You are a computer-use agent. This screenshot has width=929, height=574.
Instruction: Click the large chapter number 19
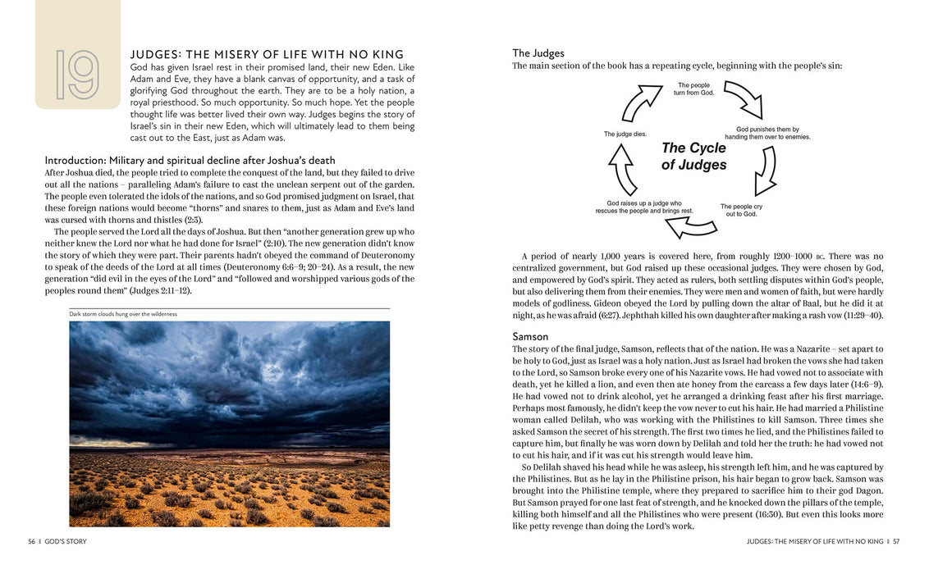[x=77, y=75]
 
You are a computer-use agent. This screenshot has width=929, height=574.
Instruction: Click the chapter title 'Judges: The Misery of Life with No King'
[x=267, y=54]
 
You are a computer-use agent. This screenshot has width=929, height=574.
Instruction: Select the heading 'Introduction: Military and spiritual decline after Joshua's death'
[x=190, y=160]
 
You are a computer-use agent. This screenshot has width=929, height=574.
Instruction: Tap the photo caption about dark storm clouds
[x=123, y=314]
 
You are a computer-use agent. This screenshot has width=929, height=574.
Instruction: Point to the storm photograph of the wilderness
[x=229, y=423]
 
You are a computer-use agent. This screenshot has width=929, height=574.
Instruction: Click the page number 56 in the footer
[x=31, y=541]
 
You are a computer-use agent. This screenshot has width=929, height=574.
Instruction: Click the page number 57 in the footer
[x=896, y=541]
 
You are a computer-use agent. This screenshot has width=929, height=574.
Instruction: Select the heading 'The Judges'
[x=538, y=53]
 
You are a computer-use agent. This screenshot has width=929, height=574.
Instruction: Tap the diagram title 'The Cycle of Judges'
[x=693, y=156]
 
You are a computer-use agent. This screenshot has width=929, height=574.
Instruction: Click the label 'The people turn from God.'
[x=694, y=89]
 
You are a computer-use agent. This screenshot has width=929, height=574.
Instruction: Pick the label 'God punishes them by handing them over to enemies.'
[x=767, y=133]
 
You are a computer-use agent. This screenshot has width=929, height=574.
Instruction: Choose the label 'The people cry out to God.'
[x=740, y=210]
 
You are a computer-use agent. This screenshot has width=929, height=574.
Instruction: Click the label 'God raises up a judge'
[x=644, y=207]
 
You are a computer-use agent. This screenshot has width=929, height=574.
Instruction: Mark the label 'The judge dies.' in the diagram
[x=625, y=134]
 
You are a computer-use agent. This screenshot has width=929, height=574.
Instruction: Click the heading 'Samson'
[x=530, y=336]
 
